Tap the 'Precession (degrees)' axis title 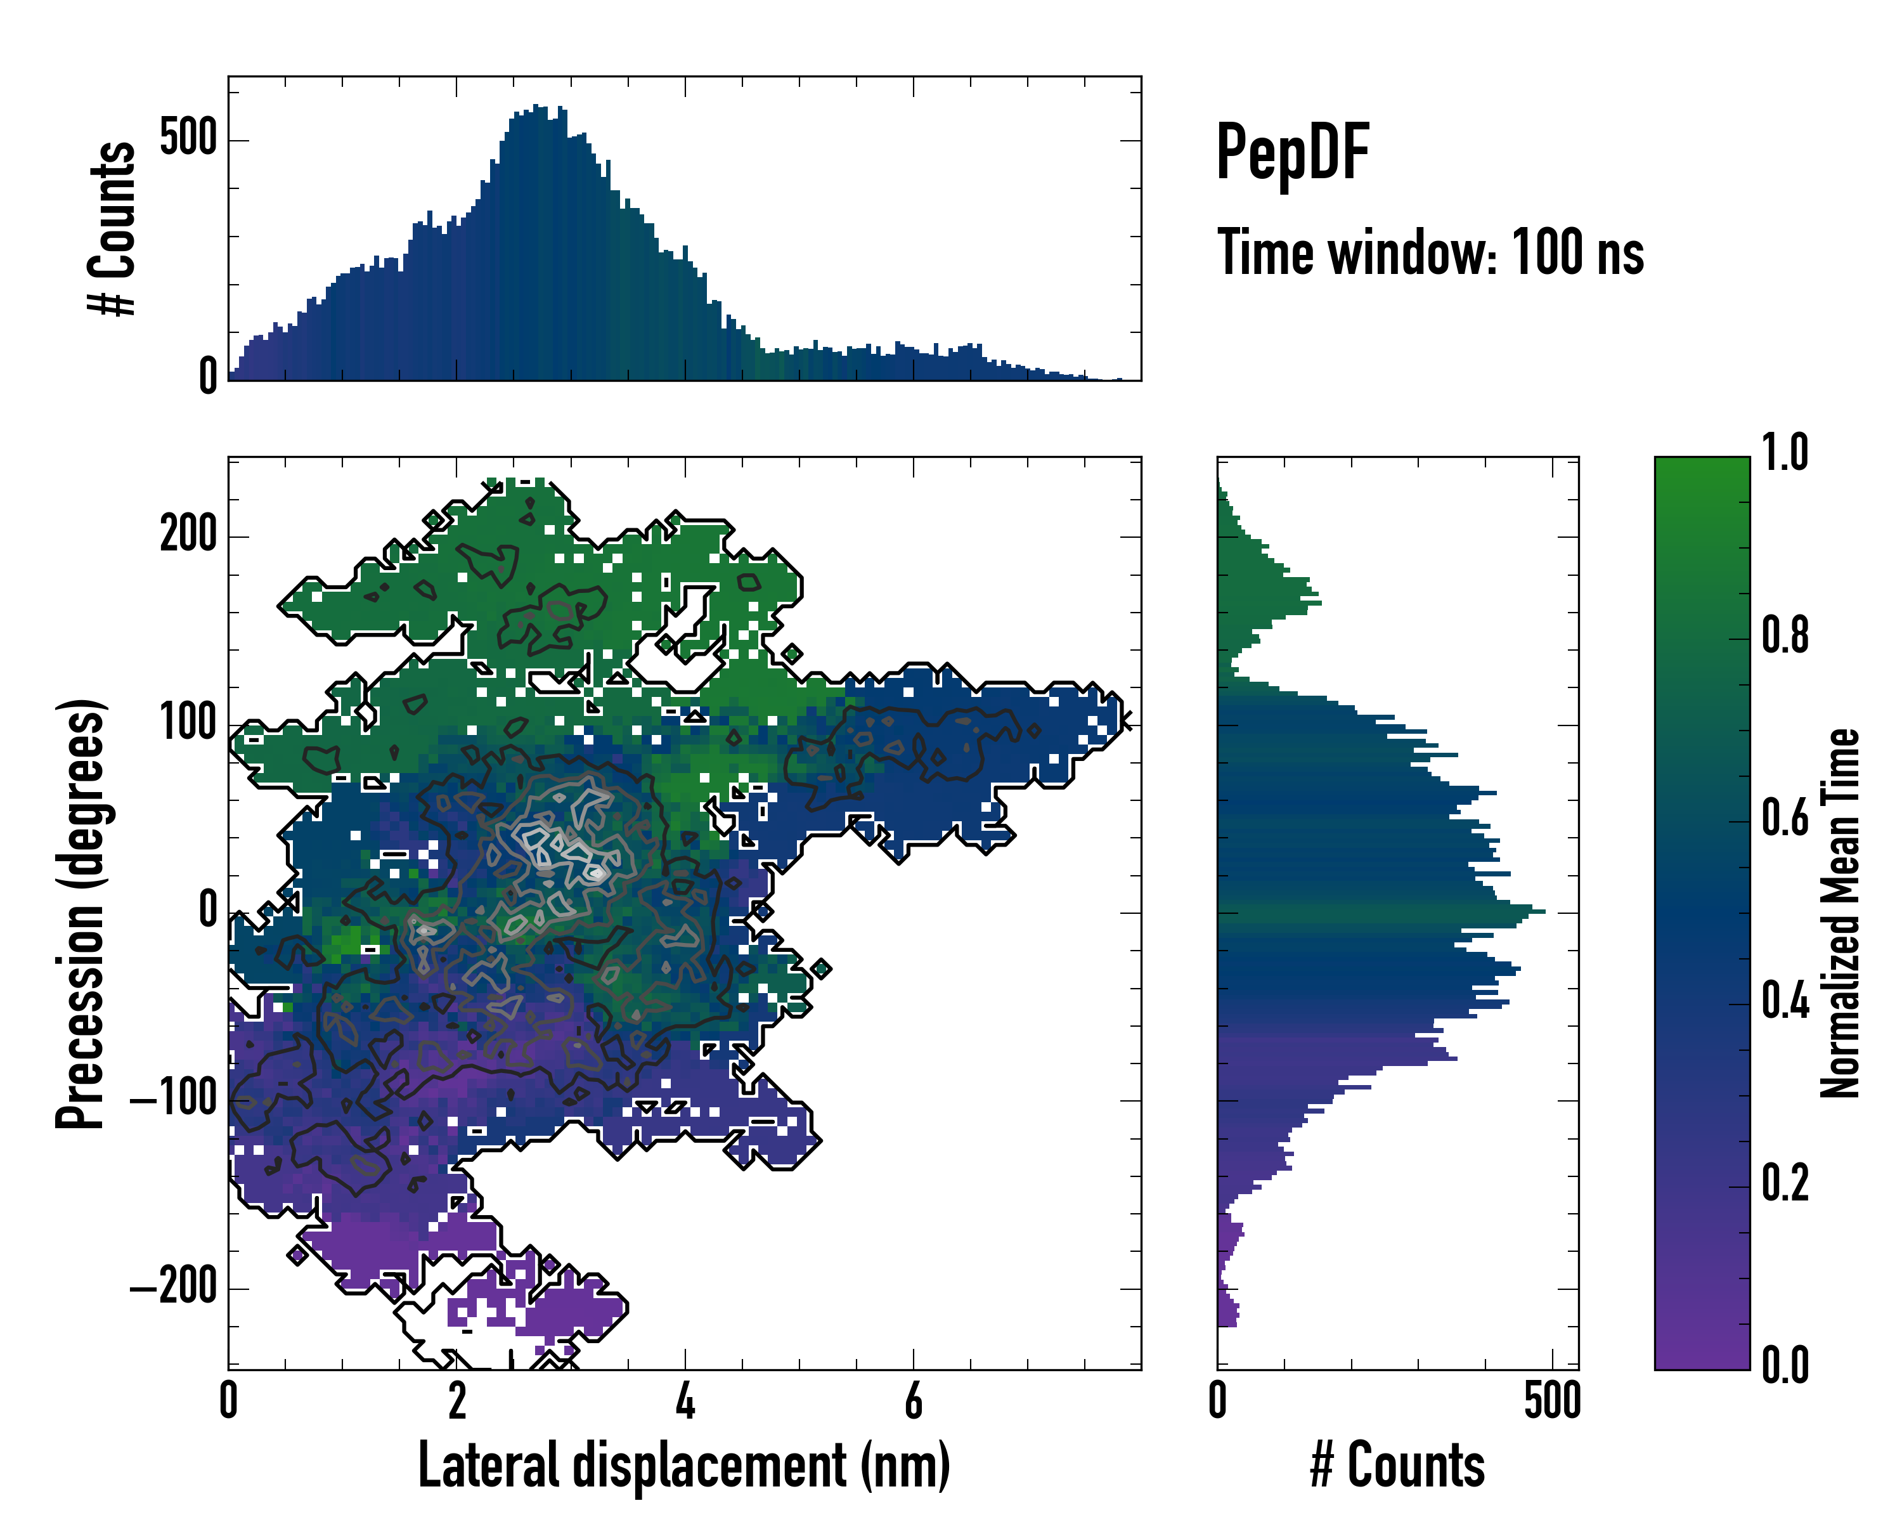coord(81,913)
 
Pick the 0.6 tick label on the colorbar coord(1785,819)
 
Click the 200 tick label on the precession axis coord(188,535)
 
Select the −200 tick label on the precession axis coord(174,1287)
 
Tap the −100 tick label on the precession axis coord(174,1100)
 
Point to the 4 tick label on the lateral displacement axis coord(685,1401)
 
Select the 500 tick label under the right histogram coord(1552,1401)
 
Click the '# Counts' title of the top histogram coord(113,228)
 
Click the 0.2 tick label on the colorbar coord(1785,1184)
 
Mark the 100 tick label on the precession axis coord(188,724)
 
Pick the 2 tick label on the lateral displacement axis coord(456,1401)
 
